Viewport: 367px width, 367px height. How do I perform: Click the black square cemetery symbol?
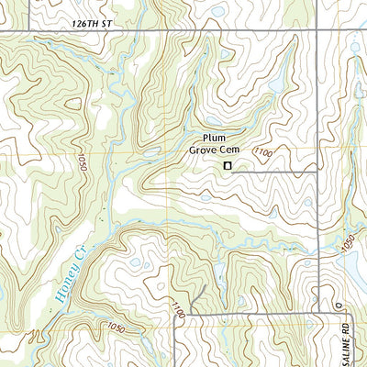[228, 166]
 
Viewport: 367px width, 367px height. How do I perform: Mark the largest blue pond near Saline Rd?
[354, 271]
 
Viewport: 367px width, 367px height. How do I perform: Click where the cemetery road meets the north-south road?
[317, 168]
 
